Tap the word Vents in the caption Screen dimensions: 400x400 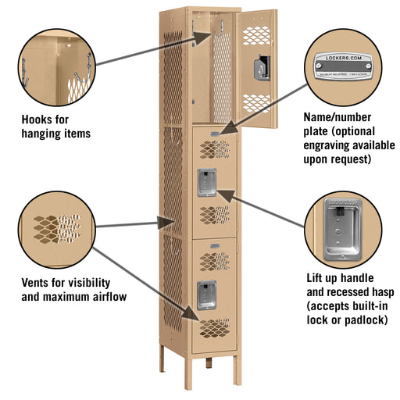[x=37, y=282]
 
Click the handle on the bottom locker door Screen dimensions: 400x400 [x=206, y=294]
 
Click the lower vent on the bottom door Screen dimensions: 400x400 [x=214, y=324]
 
